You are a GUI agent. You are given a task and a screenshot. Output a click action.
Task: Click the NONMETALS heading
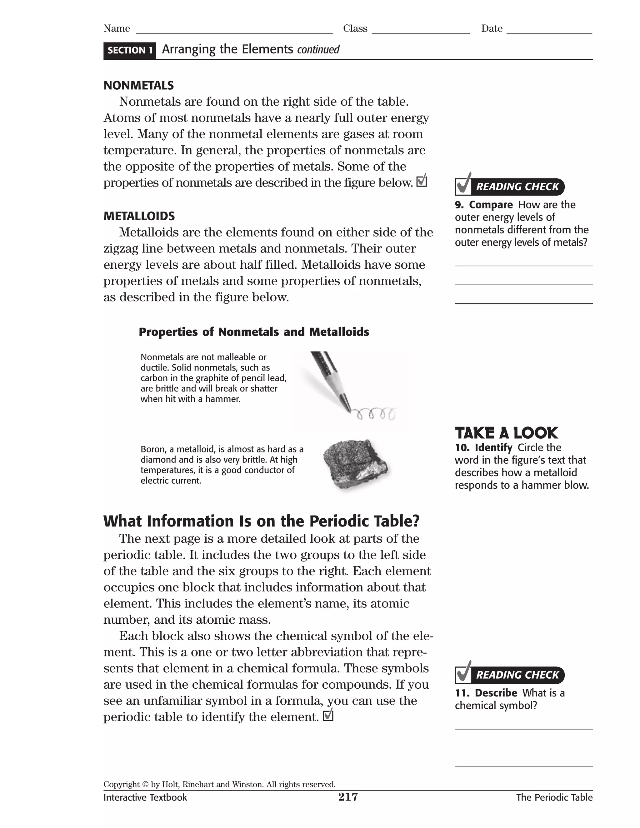[x=138, y=85]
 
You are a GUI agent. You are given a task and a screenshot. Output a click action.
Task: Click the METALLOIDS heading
[x=139, y=216]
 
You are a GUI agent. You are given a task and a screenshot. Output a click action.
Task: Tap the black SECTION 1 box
[x=130, y=50]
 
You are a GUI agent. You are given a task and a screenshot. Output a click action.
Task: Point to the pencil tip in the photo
[x=347, y=408]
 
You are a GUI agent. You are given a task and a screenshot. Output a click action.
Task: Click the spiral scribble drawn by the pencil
[x=375, y=414]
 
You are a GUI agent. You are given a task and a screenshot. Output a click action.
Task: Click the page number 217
[x=348, y=797]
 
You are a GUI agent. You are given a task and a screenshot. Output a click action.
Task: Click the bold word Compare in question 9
[x=491, y=205]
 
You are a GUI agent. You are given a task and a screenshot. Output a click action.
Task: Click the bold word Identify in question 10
[x=493, y=447]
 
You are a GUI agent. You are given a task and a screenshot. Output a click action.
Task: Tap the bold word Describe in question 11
[x=496, y=693]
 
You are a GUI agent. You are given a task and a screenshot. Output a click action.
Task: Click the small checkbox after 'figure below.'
[x=422, y=181]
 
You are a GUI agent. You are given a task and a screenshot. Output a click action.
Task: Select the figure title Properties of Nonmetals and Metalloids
[x=254, y=332]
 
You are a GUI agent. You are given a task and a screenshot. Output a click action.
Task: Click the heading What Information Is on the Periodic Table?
[x=261, y=521]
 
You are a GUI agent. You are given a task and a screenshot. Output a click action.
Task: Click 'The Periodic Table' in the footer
[x=554, y=797]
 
